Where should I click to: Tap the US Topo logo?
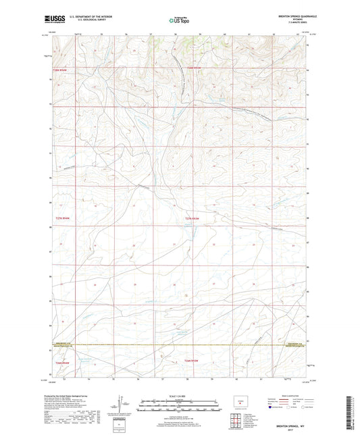(x=179, y=20)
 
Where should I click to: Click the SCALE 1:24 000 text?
(x=179, y=396)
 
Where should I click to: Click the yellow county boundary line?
(x=179, y=345)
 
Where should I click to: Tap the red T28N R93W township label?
(x=194, y=68)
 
